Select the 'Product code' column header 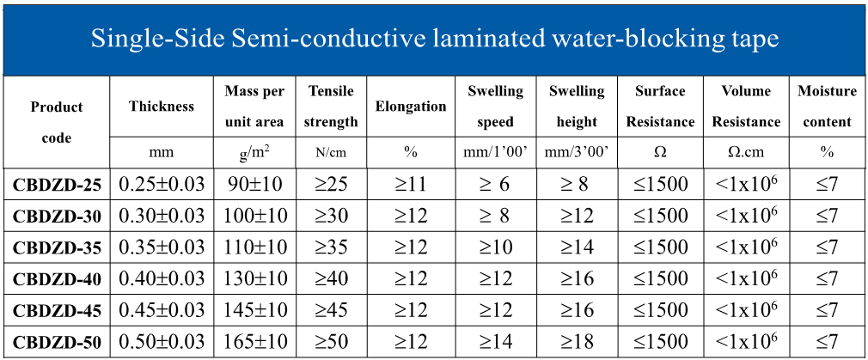click(x=57, y=122)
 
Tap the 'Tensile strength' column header click(x=330, y=107)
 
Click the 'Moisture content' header click(x=827, y=107)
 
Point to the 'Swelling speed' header click(x=495, y=107)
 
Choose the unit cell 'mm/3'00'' click(x=577, y=153)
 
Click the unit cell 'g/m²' click(x=254, y=153)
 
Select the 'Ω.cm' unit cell click(x=746, y=153)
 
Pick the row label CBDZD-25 click(x=57, y=184)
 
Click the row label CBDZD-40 click(x=57, y=279)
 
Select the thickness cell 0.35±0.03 click(x=162, y=247)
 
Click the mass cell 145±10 click(x=254, y=310)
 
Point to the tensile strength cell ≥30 click(x=330, y=216)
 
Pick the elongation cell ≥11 click(x=411, y=184)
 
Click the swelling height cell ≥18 click(x=577, y=342)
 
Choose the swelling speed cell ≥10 click(x=495, y=247)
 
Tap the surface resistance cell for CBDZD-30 click(x=660, y=216)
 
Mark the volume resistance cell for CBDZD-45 click(x=746, y=310)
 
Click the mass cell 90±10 click(x=254, y=184)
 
